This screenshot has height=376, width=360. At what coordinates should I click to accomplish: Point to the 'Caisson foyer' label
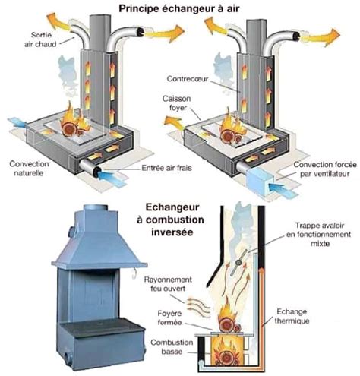point(177,103)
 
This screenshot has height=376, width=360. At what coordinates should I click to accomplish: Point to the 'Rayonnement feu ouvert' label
point(170,284)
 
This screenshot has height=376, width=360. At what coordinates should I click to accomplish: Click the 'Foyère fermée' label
point(172,314)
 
